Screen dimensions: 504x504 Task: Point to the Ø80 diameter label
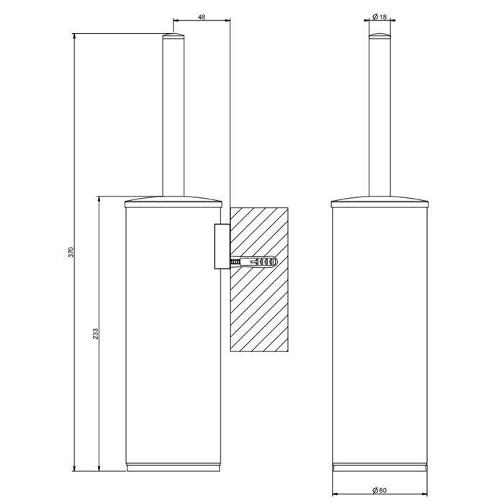tap(382, 490)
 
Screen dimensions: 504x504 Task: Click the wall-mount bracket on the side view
tap(221, 245)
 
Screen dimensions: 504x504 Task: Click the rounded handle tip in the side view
tap(174, 37)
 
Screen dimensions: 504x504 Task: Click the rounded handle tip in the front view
tap(382, 37)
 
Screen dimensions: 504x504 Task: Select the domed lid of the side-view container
tap(174, 200)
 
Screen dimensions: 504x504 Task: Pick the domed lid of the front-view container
tap(382, 200)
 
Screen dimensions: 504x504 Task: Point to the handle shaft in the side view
tap(174, 115)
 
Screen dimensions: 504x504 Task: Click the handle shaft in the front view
tap(382, 115)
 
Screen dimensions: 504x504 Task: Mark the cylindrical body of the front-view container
tap(382, 331)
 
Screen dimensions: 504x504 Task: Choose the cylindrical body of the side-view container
tap(174, 331)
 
